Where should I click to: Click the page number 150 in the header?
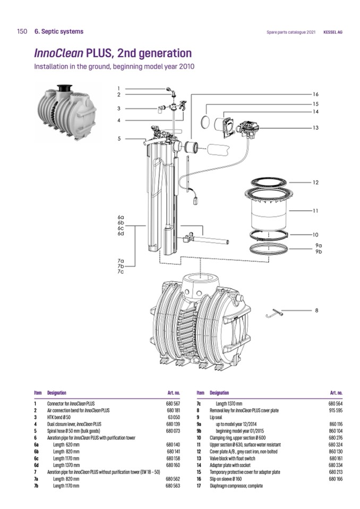pos(22,32)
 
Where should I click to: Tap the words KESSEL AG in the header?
pos(333,32)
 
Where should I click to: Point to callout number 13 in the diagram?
pos(315,128)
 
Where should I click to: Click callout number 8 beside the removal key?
pos(316,310)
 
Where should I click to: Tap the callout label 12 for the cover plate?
pos(315,183)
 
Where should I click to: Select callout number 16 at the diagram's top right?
pos(315,94)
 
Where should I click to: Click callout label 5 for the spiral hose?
pos(120,139)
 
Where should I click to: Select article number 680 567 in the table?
pos(173,404)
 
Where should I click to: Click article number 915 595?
pos(336,411)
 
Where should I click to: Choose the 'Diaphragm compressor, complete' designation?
pos(236,486)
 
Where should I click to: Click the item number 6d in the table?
pos(36,465)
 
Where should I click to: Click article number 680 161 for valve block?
pos(336,458)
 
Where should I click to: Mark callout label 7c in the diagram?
pos(121,272)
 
